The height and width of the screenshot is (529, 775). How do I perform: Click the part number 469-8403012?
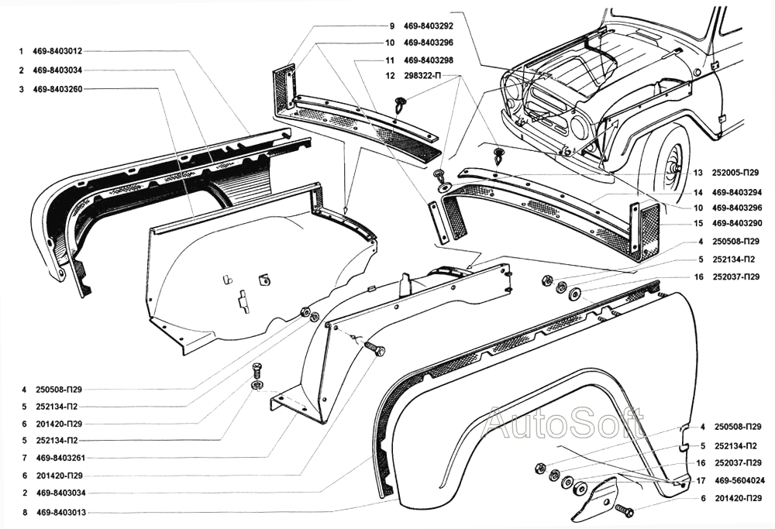[59, 51]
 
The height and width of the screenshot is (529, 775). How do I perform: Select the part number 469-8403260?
[59, 89]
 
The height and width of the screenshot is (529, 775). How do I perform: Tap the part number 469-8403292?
[429, 26]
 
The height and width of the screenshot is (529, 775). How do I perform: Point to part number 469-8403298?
[429, 60]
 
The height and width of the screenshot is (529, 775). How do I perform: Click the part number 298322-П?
[423, 76]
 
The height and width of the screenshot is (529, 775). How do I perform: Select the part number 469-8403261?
[59, 457]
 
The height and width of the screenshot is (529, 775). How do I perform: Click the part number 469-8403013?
[59, 512]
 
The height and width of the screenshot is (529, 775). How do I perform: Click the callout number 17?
[701, 480]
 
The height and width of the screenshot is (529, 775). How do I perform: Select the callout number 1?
[23, 51]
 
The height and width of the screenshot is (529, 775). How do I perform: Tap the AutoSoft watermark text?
[564, 424]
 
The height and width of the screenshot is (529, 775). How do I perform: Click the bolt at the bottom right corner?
[623, 510]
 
